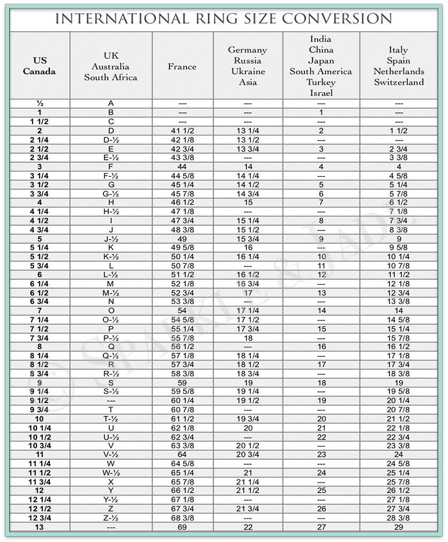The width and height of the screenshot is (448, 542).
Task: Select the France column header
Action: click(x=182, y=66)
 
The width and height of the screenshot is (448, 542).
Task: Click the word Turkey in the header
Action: click(x=321, y=82)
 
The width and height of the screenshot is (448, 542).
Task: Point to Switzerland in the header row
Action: click(x=399, y=82)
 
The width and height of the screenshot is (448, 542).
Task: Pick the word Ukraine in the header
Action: click(x=248, y=71)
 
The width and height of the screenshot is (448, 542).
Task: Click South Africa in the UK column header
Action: click(x=110, y=77)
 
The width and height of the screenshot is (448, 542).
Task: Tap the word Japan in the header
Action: click(x=321, y=61)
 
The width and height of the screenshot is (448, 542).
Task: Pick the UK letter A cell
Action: click(x=111, y=103)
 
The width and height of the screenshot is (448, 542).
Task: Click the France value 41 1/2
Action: click(x=182, y=130)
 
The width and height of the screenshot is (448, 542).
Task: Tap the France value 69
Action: click(x=182, y=527)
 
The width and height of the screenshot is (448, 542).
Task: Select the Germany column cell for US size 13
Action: click(x=248, y=527)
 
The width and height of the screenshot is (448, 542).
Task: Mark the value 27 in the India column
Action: click(x=321, y=527)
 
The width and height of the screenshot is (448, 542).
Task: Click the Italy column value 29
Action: click(x=399, y=527)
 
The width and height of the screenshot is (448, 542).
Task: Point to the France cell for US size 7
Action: click(x=182, y=310)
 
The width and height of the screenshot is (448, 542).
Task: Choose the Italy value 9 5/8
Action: click(x=399, y=248)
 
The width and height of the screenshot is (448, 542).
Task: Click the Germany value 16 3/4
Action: click(x=248, y=284)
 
